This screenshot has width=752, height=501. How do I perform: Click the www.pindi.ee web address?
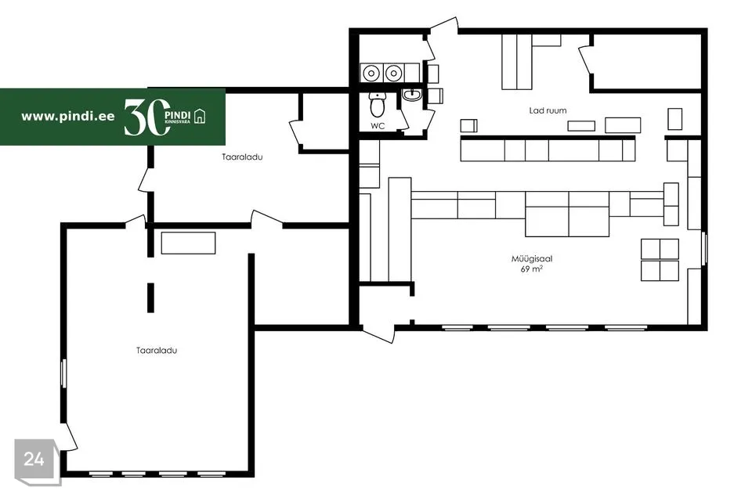[x=67, y=116]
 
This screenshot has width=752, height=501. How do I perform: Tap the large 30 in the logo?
[x=146, y=117]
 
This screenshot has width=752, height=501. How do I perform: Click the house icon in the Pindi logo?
[x=201, y=117]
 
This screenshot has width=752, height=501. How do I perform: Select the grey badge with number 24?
[x=34, y=460]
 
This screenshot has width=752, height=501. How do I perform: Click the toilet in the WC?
[x=378, y=103]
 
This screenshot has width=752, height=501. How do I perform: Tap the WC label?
[x=378, y=125]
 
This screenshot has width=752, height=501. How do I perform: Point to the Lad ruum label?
[x=548, y=111]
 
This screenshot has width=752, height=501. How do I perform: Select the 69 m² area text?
[x=532, y=269]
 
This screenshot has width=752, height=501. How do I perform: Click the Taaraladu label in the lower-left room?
[x=156, y=351]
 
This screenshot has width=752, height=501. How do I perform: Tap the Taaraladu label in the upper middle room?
[x=241, y=157]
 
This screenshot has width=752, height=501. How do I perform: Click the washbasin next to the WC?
[x=412, y=96]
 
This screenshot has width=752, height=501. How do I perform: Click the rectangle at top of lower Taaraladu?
[x=188, y=243]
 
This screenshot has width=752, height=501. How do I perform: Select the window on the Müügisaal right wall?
[x=706, y=250]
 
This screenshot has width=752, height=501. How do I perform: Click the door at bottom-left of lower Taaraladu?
[x=69, y=436]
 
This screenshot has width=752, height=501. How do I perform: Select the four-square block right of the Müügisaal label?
[x=660, y=259]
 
